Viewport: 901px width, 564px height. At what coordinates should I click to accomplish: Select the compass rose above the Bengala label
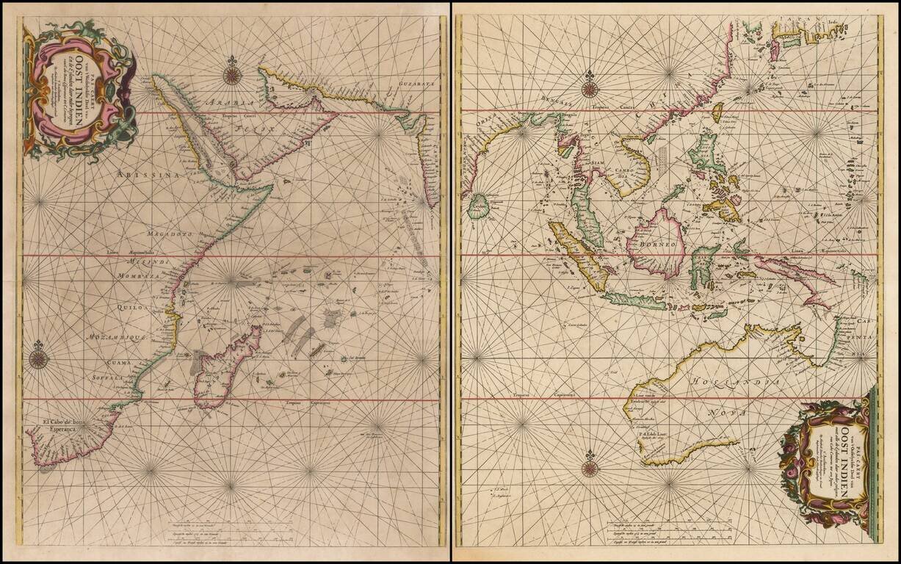tap(590, 89)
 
